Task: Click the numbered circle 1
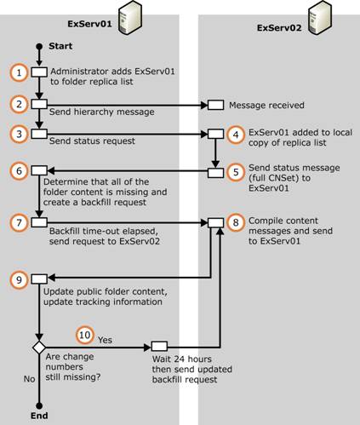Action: point(19,72)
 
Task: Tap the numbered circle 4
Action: point(236,135)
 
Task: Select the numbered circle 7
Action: point(19,222)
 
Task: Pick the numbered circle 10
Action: point(85,335)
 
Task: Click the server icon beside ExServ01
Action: point(130,18)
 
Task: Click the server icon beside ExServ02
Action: point(320,18)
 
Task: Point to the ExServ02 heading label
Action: point(279,28)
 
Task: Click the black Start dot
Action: point(39,46)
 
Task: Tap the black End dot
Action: point(39,405)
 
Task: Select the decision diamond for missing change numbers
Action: point(39,347)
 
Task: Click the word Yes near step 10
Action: point(105,340)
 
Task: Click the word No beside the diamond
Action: point(29,379)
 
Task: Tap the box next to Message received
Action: point(215,105)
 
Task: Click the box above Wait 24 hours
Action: point(159,347)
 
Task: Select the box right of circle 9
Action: point(39,279)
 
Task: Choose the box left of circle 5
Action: point(215,173)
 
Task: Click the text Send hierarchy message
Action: point(102,112)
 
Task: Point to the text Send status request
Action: point(92,141)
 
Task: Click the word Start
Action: point(60,46)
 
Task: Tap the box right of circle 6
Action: point(39,170)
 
